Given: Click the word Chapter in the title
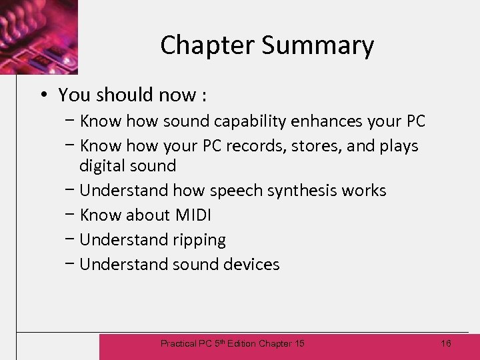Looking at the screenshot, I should pos(207,45).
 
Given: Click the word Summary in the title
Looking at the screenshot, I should pos(317,45).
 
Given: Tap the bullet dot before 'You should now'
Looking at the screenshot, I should pos(41,95).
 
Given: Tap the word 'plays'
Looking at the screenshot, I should pos(399,146).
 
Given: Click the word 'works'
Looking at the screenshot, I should pos(364,191).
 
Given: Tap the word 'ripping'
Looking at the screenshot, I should pos(199,240).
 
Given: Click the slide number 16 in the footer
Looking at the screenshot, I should pos(446,343).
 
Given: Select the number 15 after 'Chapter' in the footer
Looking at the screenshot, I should pos(298,344).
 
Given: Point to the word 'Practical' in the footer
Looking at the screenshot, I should pos(178,344).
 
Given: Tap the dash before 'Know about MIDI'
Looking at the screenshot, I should pos(70,215).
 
